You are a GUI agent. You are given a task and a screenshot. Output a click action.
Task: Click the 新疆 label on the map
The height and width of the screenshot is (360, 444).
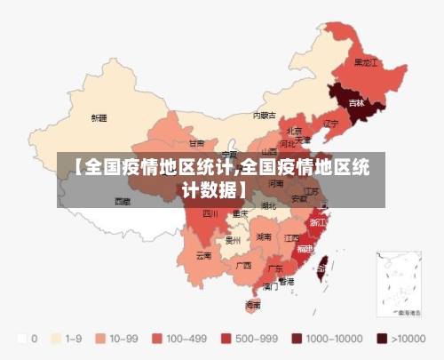pyautogui.click(x=99, y=117)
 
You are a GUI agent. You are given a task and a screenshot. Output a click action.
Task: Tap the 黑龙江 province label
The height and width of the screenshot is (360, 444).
pyautogui.click(x=366, y=63)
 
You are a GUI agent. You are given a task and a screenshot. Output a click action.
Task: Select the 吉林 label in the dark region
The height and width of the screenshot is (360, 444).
pyautogui.click(x=356, y=103)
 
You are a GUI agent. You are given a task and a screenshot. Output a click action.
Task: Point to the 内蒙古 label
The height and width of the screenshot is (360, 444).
pyautogui.click(x=265, y=115)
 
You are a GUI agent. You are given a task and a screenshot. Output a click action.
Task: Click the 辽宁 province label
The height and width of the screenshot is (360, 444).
pyautogui.click(x=331, y=123)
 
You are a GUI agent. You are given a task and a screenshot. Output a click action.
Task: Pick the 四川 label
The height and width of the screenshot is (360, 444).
pyautogui.click(x=210, y=213)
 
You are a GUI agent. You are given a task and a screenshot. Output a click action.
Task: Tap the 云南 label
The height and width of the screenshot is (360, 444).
pyautogui.click(x=203, y=256)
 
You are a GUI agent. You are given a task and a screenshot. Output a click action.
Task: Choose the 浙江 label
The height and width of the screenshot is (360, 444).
pyautogui.click(x=317, y=221)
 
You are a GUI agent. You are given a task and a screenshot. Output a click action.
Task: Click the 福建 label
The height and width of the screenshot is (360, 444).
pyautogui.click(x=305, y=249)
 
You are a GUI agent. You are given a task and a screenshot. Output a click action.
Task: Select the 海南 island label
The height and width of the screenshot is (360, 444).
pyautogui.click(x=253, y=304)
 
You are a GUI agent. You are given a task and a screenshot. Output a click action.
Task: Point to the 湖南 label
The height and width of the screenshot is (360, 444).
pyautogui.click(x=263, y=237)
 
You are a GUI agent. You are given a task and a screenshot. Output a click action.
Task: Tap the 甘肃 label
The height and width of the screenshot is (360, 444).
pyautogui.click(x=196, y=142)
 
